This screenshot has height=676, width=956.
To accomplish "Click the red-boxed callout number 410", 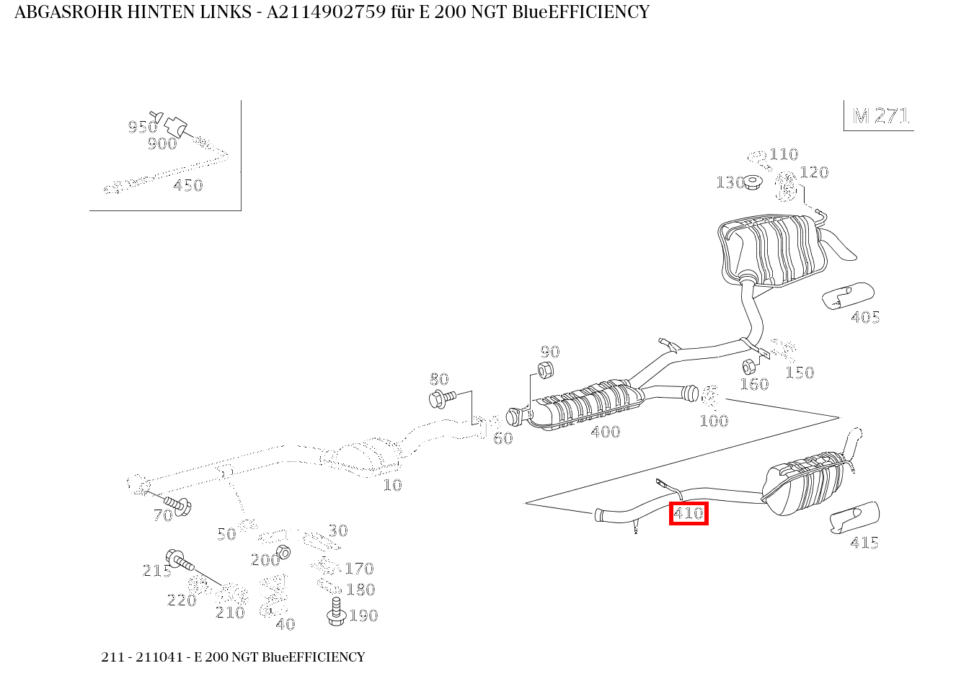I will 689,514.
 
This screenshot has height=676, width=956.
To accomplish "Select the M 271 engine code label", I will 880,116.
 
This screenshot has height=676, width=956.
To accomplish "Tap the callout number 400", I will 605,432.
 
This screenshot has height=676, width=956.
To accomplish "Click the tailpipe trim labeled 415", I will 854,517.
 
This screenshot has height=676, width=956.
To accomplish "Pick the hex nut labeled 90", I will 546,370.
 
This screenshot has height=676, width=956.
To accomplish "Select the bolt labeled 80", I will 443,396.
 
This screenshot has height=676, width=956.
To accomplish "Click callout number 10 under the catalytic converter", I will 392,485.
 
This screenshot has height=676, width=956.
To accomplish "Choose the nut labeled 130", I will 752,182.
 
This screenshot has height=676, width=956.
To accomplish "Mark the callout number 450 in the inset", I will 187,185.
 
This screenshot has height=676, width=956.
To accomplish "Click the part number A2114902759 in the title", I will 326,12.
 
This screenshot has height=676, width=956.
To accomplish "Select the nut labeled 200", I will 283,552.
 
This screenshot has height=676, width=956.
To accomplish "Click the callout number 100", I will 714,421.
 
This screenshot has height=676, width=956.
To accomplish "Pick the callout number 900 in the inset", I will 162,143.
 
